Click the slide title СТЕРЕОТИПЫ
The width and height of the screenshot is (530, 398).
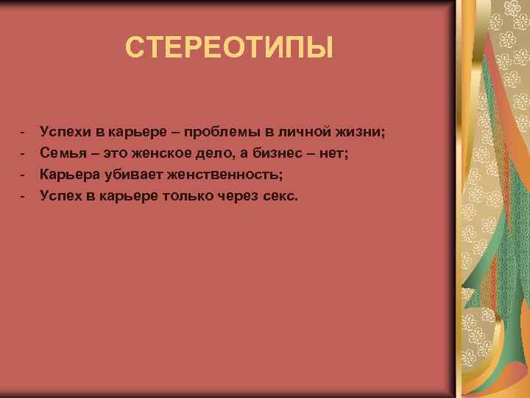coord(229,49)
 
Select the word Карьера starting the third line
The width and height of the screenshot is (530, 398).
coord(68,175)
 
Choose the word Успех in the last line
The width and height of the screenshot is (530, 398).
coord(63,196)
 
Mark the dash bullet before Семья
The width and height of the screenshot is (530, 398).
coord(23,153)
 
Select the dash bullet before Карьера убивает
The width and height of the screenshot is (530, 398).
coord(23,175)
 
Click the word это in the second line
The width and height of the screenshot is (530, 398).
coord(116,153)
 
